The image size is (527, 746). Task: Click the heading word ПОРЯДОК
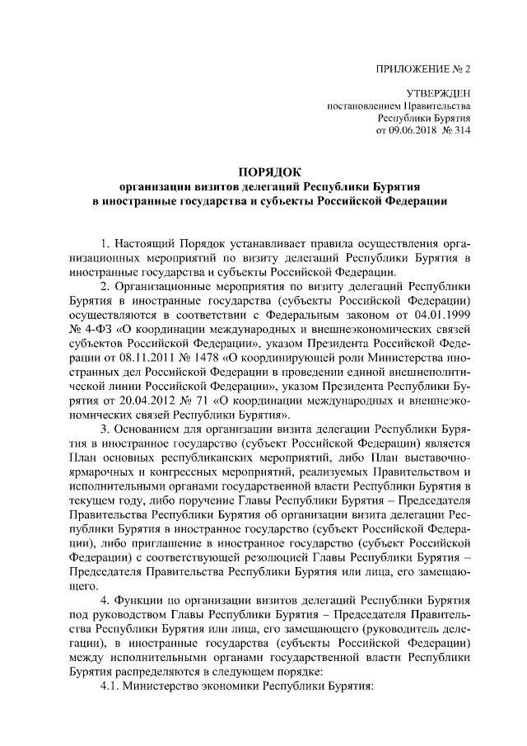(x=269, y=171)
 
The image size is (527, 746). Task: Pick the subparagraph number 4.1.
(x=110, y=687)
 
